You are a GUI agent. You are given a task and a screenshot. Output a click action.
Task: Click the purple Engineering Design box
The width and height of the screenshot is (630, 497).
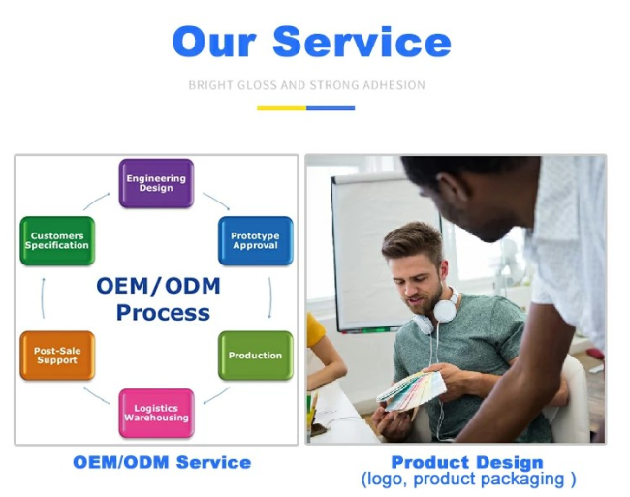pos(156,183)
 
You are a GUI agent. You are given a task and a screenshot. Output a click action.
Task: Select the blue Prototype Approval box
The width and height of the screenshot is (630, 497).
pos(256,241)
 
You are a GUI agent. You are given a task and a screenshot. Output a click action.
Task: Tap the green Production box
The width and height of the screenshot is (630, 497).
pos(256,356)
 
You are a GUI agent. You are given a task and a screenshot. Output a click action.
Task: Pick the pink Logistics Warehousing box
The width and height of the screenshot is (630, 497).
pos(156,413)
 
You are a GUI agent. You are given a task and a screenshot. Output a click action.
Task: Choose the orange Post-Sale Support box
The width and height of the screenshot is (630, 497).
pos(57,356)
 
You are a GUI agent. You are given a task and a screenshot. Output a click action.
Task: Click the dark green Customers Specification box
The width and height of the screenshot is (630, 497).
pos(57,241)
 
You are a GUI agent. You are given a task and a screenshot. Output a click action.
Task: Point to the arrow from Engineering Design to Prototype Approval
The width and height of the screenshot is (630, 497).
pos(217,200)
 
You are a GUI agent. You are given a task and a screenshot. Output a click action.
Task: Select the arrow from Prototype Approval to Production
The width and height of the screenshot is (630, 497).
pos(270,297)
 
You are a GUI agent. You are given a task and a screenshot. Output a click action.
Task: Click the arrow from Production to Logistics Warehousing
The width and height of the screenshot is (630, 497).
pos(216,396)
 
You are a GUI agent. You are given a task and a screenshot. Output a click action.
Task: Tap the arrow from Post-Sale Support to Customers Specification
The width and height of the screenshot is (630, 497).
pos(43,297)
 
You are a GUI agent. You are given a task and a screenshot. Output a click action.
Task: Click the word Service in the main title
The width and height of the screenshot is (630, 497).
pos(362,42)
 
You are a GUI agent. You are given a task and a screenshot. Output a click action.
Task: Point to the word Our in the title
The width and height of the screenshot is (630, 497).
pos(214,43)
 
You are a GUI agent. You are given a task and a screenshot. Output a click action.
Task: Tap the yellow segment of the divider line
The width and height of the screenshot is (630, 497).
pos(282,108)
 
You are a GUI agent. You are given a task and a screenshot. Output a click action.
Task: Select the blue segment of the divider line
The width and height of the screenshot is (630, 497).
pos(331,108)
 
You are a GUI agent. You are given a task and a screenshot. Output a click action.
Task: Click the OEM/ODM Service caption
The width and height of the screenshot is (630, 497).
pos(162,462)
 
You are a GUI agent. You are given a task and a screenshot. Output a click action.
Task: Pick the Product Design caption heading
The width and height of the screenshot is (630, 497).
pos(467,462)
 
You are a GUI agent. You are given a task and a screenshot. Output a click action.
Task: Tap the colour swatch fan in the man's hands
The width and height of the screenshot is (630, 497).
pos(411,391)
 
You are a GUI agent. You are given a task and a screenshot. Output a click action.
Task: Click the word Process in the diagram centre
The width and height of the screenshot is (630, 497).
pos(163,313)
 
